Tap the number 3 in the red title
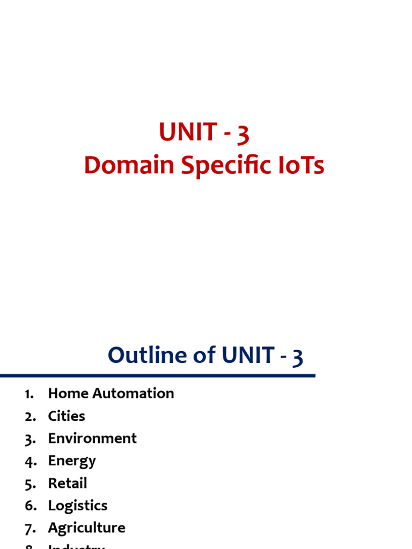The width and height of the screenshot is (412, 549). point(243,133)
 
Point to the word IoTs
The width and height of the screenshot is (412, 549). point(305,166)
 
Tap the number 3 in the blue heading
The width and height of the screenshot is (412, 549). point(297,357)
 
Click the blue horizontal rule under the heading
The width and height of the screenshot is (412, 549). point(157,376)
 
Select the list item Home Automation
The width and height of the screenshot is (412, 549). point(111,394)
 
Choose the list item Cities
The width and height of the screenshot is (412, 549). point(67,416)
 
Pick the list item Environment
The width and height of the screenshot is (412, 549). point(92,439)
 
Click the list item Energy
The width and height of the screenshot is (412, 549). point(72,461)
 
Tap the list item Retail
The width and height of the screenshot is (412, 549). point(68,483)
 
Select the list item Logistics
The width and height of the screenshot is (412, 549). point(78,506)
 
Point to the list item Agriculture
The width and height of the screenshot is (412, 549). point(86,528)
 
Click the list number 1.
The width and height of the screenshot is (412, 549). point(29,394)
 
